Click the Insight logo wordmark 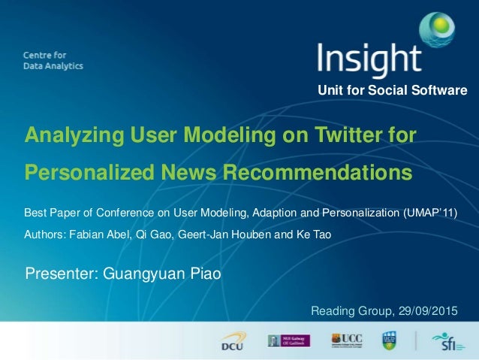coord(369,59)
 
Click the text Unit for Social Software coord(393,91)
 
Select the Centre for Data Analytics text coord(53,60)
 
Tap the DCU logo coord(230,341)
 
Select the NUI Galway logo coord(289,341)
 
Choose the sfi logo coord(448,341)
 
